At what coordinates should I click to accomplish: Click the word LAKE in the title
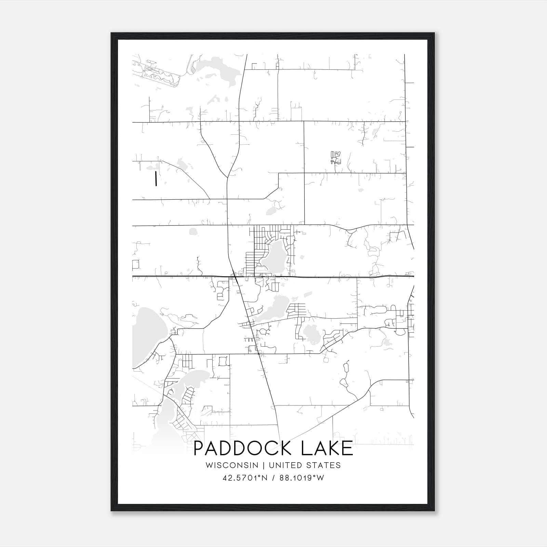click(x=327, y=448)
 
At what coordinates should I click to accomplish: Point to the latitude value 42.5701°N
click(x=244, y=478)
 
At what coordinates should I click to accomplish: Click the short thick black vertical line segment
click(x=156, y=178)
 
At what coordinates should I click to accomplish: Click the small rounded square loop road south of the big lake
click(x=223, y=361)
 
